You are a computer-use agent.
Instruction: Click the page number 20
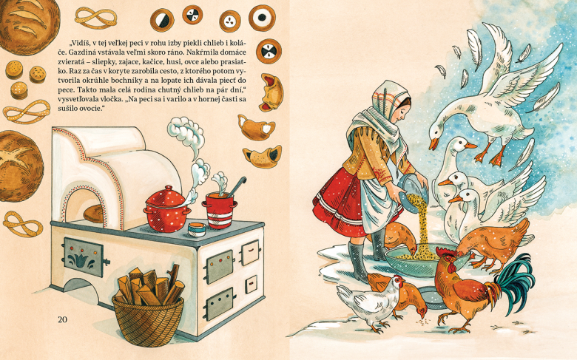coord(63,319)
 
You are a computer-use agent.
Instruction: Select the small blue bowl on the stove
coord(197,229)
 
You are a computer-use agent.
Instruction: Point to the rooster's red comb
coord(443,253)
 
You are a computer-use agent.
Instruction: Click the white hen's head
coord(397,282)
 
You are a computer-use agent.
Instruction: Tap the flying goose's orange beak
coord(434,143)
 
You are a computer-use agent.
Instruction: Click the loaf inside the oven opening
coord(93,214)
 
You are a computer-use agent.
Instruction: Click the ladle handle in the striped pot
coord(237,186)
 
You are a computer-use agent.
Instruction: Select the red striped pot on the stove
coord(219,211)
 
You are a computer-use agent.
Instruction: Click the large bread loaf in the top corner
coord(30,22)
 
